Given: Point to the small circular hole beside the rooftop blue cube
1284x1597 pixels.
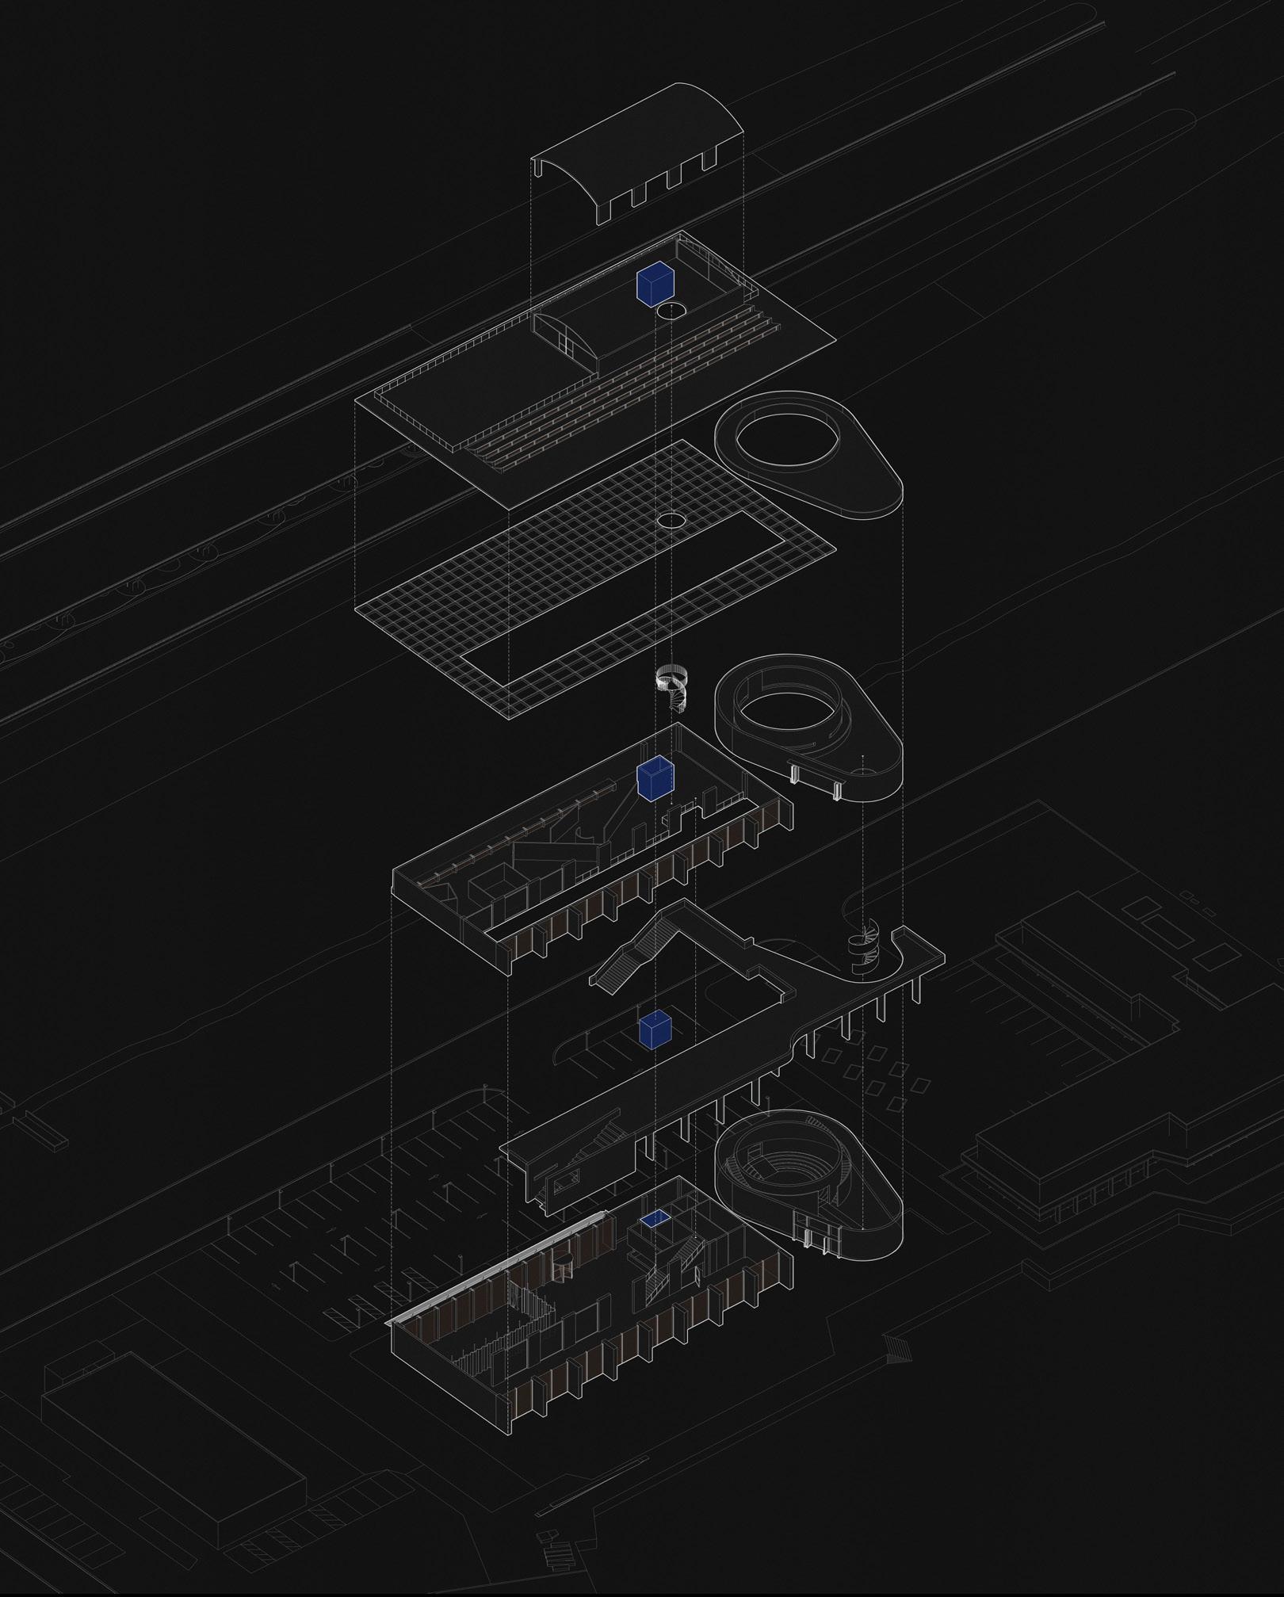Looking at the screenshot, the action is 671,311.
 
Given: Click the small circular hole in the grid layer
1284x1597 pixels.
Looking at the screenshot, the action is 671,520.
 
